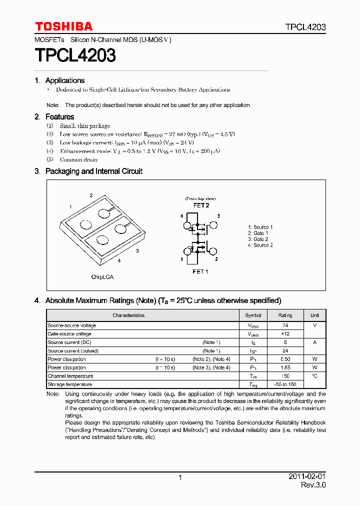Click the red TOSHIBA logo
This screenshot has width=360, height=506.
pos(63,26)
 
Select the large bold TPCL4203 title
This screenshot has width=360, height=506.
pos(75,55)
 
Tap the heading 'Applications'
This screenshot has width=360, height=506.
pos(64,80)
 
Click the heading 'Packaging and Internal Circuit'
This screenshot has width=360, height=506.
pos(93,171)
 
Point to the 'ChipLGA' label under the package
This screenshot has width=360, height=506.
pos(102,276)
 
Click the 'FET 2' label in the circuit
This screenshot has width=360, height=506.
pos(201,205)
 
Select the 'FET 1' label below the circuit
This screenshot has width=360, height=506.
pos(200,271)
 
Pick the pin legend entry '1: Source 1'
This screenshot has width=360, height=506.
pos(260,227)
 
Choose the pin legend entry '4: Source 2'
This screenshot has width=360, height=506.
pos(260,245)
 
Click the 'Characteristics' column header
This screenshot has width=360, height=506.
pos(128,315)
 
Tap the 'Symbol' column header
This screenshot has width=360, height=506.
pos(253,315)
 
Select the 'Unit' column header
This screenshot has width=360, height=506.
pos(314,315)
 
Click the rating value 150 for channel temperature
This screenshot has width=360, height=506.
pos(285,376)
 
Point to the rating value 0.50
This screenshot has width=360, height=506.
pos(285,359)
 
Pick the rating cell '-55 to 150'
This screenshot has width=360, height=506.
pos(285,384)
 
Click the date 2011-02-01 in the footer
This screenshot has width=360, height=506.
pos(307,476)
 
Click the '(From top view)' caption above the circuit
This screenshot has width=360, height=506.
pos(200,198)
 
